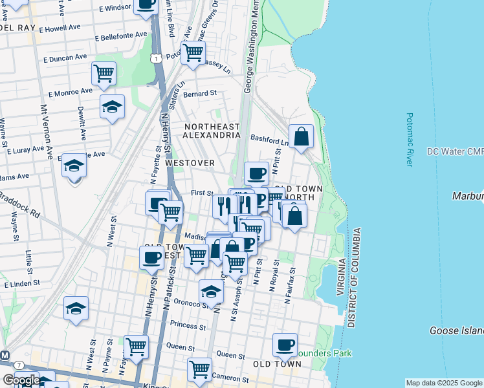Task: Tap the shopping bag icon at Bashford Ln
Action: (x=301, y=136)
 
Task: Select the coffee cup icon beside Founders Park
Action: (x=284, y=345)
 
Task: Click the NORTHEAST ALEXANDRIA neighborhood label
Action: (x=211, y=131)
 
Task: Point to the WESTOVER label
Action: (x=190, y=163)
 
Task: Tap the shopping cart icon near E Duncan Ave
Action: (x=104, y=74)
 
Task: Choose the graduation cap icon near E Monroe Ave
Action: (x=112, y=107)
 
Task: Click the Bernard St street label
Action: (x=199, y=94)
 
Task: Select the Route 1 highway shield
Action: (x=156, y=58)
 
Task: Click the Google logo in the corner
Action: (x=21, y=380)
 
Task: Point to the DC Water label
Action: (x=455, y=152)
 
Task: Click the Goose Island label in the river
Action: (x=457, y=330)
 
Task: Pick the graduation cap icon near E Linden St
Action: (x=76, y=308)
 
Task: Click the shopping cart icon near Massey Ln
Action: (x=193, y=54)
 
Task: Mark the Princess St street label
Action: (x=188, y=325)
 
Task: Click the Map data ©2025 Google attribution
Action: (x=444, y=383)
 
